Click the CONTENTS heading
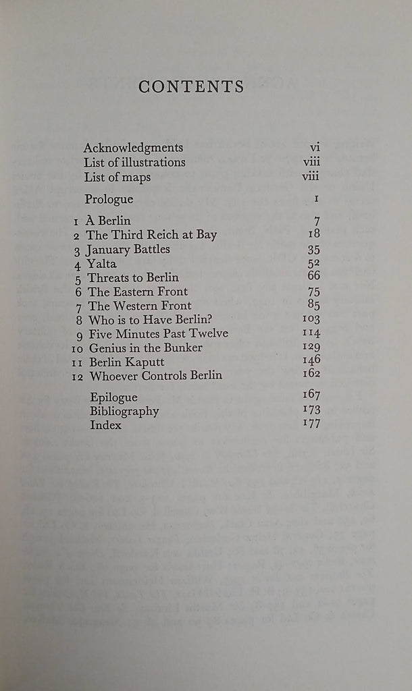coord(190,86)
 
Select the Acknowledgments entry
coord(133,148)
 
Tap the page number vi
coord(313,148)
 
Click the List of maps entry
coord(118,177)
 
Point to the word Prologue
coord(109,199)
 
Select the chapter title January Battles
coord(128,249)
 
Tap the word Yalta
coord(102,264)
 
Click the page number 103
coord(311,319)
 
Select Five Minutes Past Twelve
coord(157,333)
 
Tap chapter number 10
coord(76,348)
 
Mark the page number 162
coord(311,375)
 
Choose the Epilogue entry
coord(113,397)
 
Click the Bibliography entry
coord(124,411)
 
